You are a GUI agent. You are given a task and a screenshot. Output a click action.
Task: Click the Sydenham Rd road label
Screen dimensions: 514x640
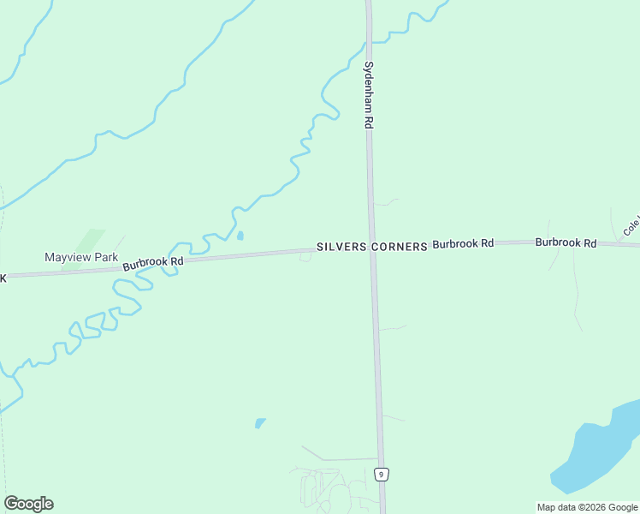[x=369, y=95]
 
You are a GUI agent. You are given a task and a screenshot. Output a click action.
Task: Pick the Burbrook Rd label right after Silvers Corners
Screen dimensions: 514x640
[x=463, y=244]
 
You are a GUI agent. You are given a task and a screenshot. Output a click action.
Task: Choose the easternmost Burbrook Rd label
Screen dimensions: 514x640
[x=566, y=243]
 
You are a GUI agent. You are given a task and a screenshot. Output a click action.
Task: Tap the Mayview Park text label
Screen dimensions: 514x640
[x=81, y=257]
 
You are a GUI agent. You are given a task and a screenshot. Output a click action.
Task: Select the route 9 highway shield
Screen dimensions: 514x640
[x=382, y=474]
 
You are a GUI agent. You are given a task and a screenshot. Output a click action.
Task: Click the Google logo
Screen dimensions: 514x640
[x=28, y=504]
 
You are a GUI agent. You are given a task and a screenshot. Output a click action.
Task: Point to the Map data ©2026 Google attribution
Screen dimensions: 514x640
[x=587, y=507]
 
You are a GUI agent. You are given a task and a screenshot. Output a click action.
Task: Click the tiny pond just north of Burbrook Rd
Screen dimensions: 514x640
[x=240, y=236]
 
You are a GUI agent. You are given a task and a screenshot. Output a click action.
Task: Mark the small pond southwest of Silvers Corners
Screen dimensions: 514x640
[x=260, y=422]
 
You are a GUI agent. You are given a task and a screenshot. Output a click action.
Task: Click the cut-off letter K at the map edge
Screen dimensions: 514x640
[x=3, y=278]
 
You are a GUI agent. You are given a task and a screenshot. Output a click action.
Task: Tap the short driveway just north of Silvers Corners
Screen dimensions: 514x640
[x=385, y=203]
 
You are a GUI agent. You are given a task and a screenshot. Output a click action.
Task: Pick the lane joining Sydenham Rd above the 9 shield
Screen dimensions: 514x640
[x=351, y=459]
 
